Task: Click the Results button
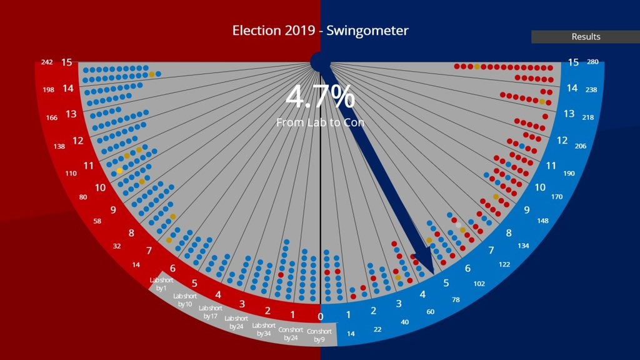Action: point(586,37)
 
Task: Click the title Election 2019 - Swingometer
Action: point(320,31)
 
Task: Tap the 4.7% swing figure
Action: point(320,97)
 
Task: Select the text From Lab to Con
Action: point(320,122)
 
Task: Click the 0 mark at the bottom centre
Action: point(321,317)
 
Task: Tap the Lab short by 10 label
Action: point(184,299)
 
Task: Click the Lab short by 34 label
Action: point(263,329)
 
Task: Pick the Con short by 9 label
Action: point(319,335)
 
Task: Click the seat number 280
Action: point(592,62)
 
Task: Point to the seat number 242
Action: point(46,62)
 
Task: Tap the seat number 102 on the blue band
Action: point(479,283)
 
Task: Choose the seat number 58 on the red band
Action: point(97,221)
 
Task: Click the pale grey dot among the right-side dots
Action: point(458,225)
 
